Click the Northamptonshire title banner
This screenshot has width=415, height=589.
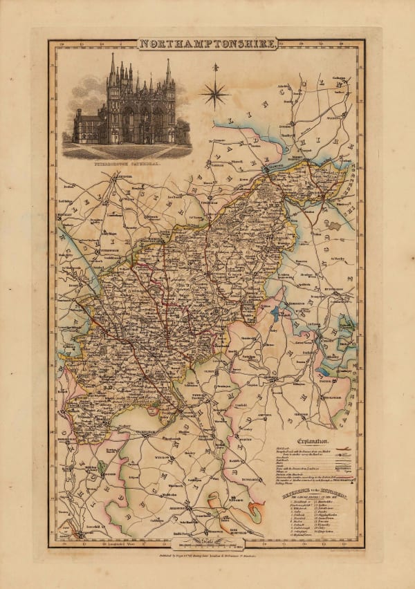tap(207, 44)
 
